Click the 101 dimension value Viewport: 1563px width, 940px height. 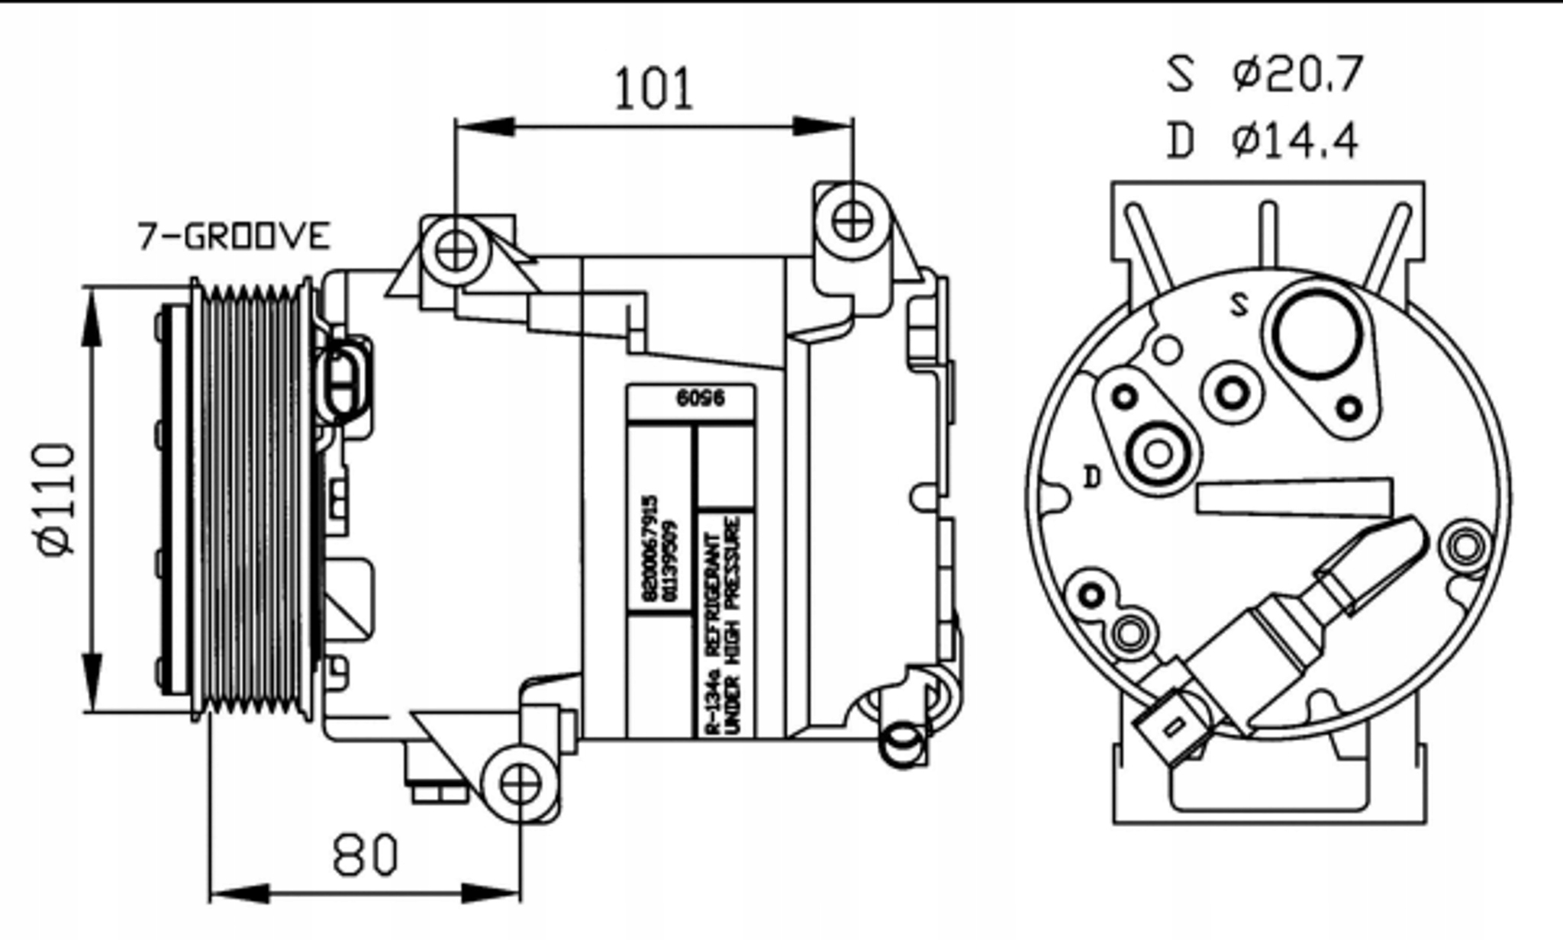coord(653,89)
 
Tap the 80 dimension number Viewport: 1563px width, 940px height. coord(365,855)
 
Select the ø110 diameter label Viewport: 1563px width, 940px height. coord(56,499)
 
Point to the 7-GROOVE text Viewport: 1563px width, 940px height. coord(234,236)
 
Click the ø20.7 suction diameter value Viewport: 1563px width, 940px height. coord(1297,75)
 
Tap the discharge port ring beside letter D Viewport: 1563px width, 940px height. coord(1159,453)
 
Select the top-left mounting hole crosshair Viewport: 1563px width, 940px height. coord(456,250)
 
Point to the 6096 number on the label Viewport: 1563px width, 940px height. coord(700,398)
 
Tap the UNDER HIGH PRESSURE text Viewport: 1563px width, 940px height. coord(734,626)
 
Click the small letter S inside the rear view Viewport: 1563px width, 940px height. coord(1240,305)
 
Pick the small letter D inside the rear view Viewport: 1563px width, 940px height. coord(1093,478)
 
